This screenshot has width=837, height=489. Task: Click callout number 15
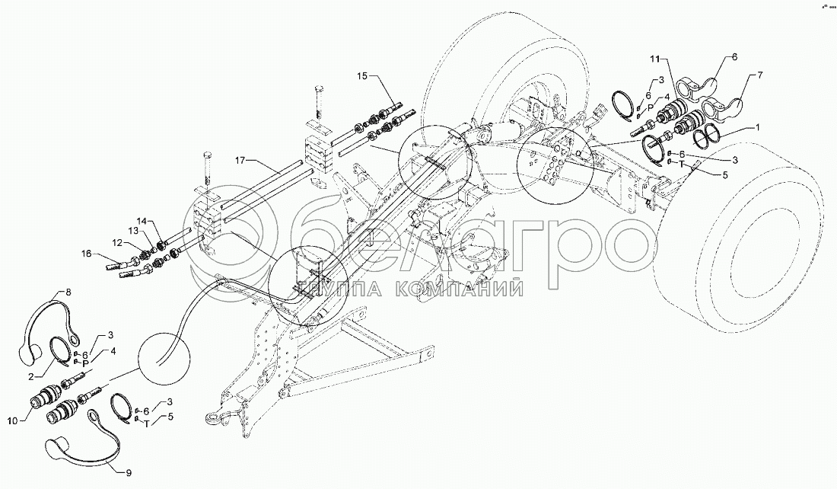pos(362,76)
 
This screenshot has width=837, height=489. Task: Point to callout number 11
pos(656,58)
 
